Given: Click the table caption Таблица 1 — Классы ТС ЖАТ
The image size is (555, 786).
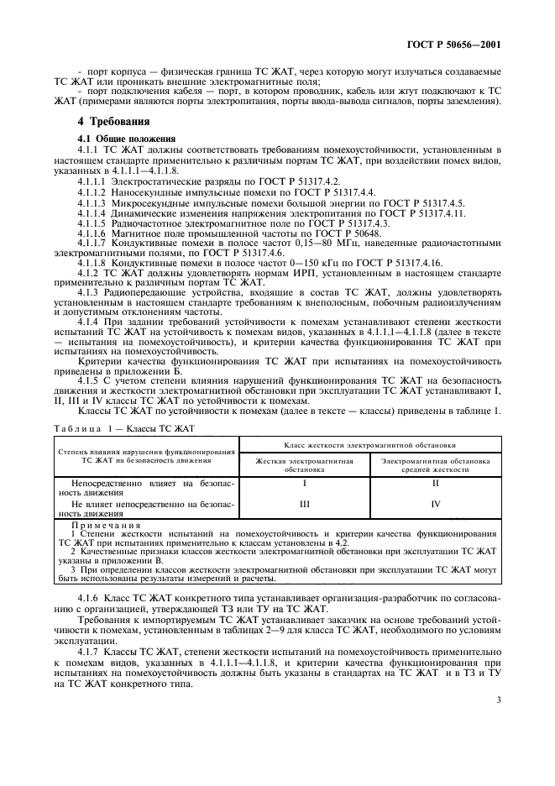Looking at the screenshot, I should [x=124, y=427].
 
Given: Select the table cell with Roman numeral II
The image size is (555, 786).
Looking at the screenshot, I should [x=435, y=485].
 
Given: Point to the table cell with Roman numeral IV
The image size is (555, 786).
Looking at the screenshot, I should [x=435, y=506].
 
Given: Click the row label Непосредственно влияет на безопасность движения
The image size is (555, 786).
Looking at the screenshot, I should [x=146, y=488].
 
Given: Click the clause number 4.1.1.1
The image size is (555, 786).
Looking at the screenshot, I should [x=91, y=180].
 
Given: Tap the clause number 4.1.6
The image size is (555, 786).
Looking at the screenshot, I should [x=88, y=599].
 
